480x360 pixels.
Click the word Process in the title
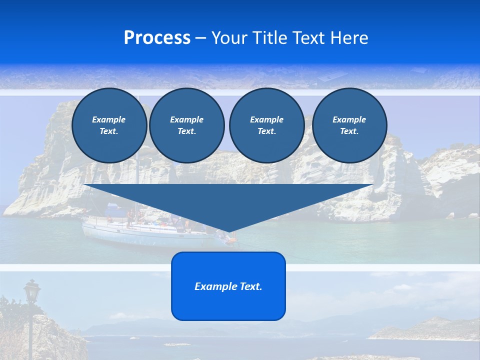157,38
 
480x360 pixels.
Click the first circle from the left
109,125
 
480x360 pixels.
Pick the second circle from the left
186,125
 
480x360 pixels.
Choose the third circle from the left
266,125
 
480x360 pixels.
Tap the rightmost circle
349,125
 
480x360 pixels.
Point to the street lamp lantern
32,291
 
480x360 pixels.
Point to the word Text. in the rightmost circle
349,131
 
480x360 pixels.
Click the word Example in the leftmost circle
109,119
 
